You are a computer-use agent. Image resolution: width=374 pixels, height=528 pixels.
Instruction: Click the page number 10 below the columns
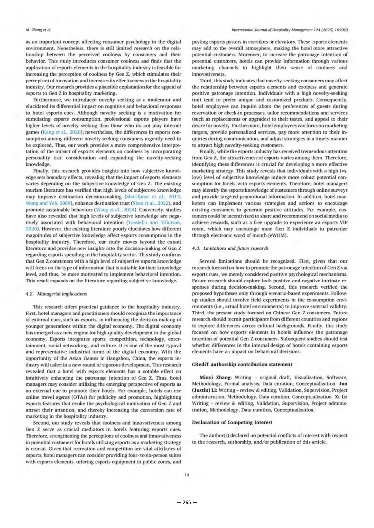click(x=187, y=475)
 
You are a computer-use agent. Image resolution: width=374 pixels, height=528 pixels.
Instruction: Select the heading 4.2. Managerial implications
click(x=56, y=294)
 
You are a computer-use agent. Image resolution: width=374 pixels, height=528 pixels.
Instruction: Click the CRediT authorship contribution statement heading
click(x=242, y=364)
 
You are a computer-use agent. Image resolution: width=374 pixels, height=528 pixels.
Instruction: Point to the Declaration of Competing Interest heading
click(x=232, y=422)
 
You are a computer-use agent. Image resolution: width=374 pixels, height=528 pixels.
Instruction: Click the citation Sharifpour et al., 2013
click(x=152, y=197)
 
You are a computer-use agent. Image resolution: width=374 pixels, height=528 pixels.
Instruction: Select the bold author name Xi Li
click(x=342, y=397)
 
